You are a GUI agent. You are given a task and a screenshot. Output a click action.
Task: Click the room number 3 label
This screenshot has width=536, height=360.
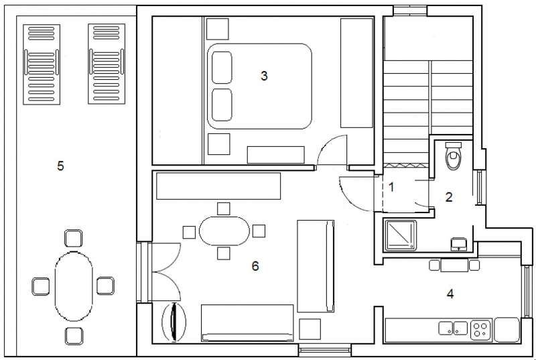point(264,76)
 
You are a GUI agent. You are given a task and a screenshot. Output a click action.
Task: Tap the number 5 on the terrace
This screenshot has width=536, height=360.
point(60,166)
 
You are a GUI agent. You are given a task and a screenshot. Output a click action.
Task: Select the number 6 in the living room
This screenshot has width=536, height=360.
point(255,266)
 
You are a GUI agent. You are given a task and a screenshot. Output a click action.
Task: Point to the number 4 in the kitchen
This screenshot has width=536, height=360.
point(450,294)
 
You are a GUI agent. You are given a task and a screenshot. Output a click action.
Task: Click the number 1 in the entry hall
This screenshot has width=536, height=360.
point(392,187)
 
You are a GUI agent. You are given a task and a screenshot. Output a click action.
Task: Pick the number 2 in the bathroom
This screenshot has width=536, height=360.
point(449,197)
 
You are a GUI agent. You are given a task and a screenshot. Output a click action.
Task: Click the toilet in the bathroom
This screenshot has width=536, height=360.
point(454,156)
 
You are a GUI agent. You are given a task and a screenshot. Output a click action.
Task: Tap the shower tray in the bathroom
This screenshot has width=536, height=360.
point(400,235)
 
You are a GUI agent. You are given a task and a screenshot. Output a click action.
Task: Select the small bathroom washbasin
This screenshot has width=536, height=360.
point(459,244)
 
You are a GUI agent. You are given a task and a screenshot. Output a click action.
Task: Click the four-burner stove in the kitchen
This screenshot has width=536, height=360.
point(480,330)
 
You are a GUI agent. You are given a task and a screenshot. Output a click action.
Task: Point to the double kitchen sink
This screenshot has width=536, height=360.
point(453,328)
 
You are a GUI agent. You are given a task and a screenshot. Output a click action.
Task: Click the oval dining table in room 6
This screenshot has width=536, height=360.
point(224,231)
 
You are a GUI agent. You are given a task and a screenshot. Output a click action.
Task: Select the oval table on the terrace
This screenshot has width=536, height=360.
point(74,286)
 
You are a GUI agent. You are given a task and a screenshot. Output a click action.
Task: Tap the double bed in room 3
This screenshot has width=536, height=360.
point(260,86)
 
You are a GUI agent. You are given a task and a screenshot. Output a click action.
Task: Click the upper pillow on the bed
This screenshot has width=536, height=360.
point(222,67)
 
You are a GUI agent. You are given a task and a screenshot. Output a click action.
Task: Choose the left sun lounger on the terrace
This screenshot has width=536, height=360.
point(42,64)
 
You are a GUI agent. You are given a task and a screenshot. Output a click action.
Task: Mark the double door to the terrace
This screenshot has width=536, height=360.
point(166,272)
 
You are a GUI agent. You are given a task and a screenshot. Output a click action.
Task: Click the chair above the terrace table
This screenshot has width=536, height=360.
point(74,238)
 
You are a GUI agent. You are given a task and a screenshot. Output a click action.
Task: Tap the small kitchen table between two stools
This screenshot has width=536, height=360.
point(454,265)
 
